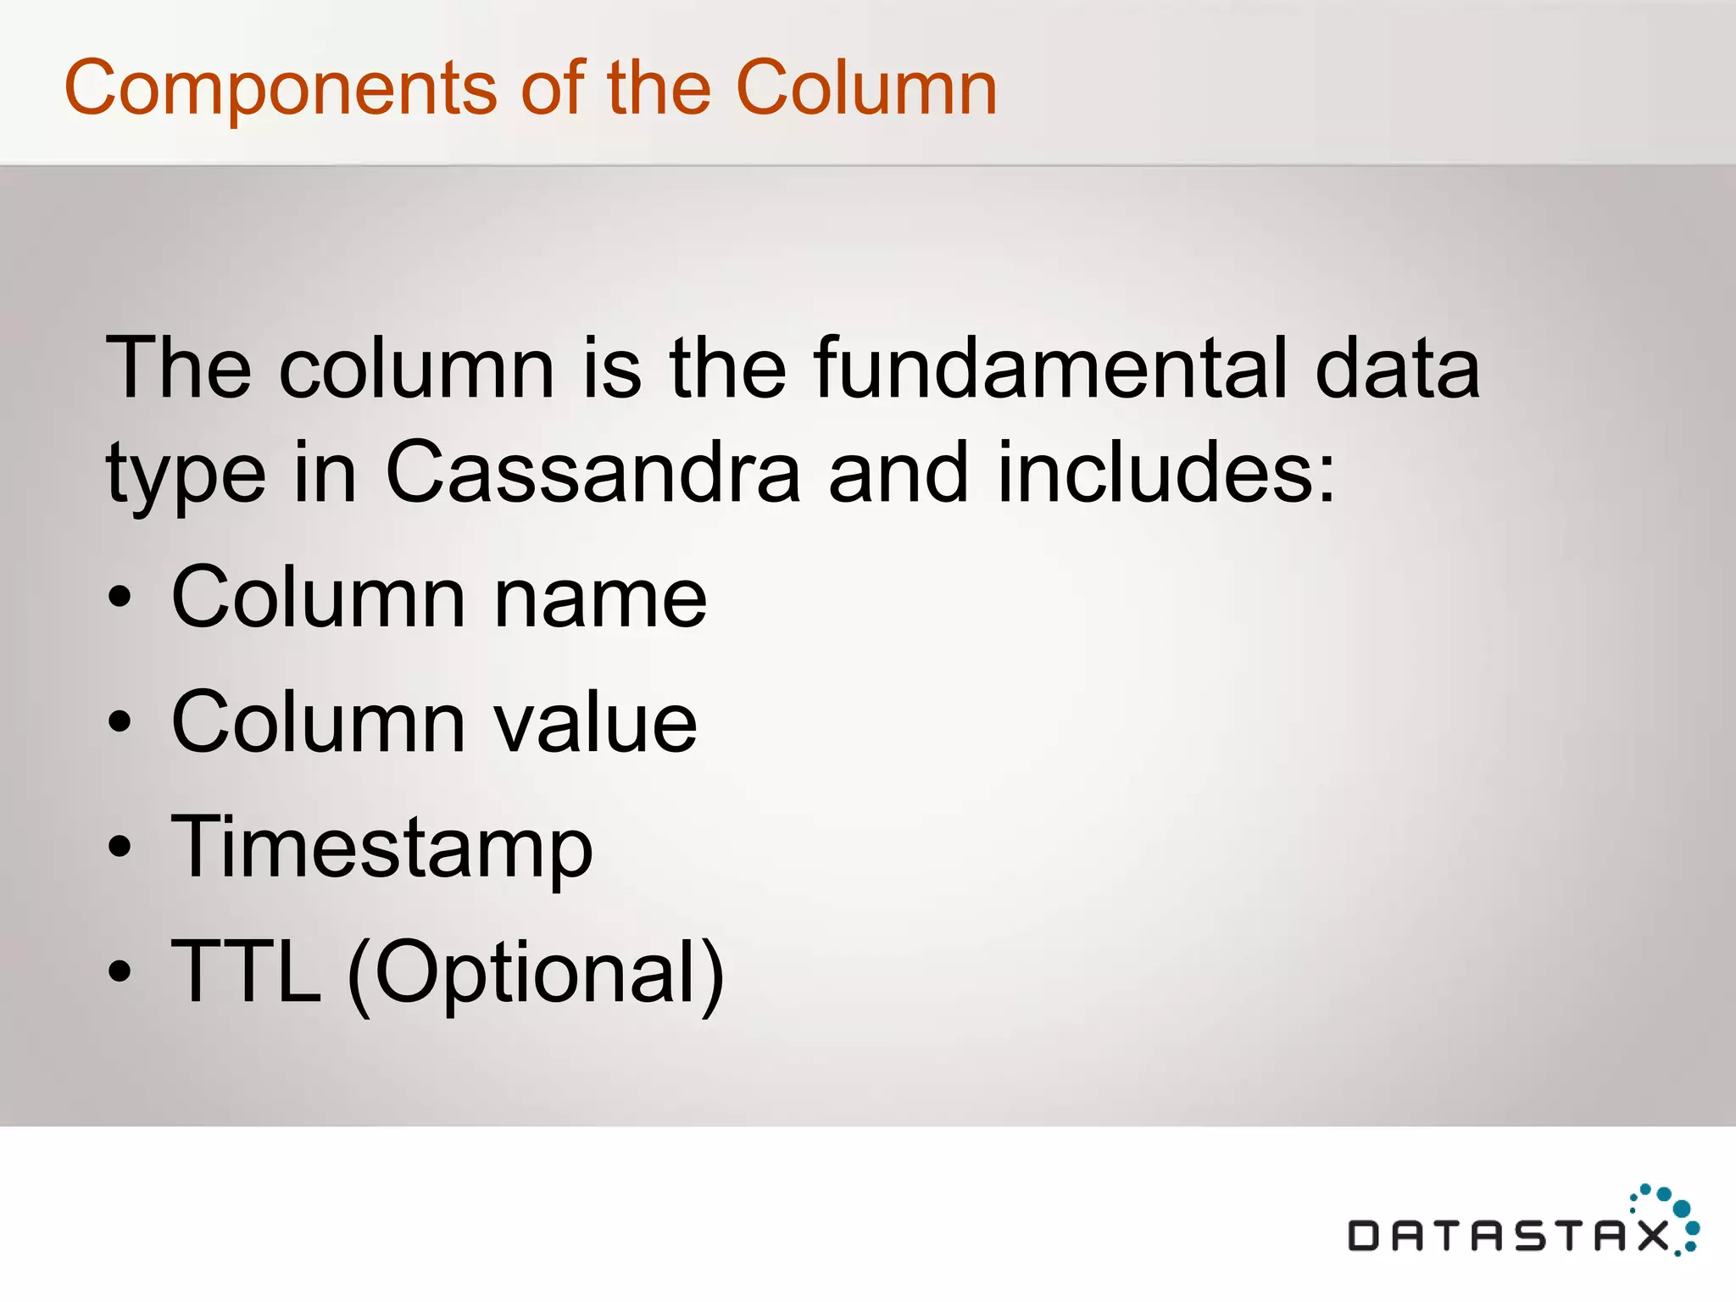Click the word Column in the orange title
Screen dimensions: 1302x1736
coord(866,88)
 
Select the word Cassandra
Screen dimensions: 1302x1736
coord(593,472)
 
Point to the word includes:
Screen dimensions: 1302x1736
coord(1166,472)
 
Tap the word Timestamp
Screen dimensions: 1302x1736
coord(381,848)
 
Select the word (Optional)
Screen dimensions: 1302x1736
coord(537,973)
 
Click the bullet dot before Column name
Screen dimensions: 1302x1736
coord(120,597)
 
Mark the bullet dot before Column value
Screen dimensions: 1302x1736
coord(120,722)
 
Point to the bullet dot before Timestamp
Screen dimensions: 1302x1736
coord(120,847)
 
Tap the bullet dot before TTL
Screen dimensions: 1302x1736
coord(120,971)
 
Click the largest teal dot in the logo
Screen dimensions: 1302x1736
coord(1682,1208)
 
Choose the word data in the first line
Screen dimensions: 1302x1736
coord(1397,368)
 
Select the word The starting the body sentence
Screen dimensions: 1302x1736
coord(178,368)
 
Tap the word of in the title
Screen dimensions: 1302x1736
coord(552,88)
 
